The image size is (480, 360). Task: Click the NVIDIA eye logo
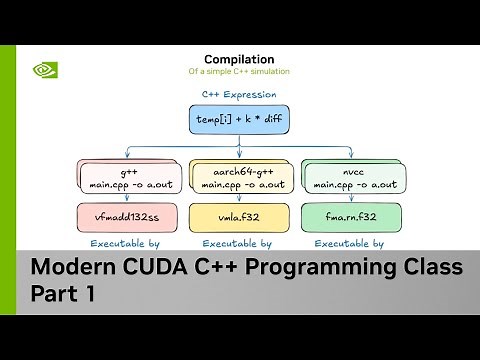pyautogui.click(x=44, y=71)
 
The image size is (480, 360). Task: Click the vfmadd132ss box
pyautogui.click(x=112, y=216)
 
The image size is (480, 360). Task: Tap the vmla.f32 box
pyautogui.click(x=237, y=216)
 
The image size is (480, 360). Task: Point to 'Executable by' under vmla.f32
pyautogui.click(x=237, y=242)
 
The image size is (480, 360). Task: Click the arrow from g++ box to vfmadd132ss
pyautogui.click(x=112, y=197)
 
